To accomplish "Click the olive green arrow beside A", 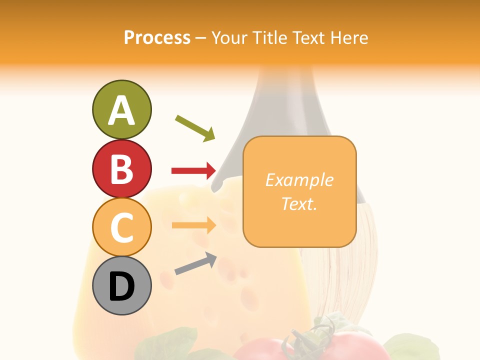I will [x=195, y=127].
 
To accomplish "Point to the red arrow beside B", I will [x=194, y=171].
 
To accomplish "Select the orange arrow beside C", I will [x=194, y=225].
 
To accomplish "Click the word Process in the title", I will [x=157, y=38].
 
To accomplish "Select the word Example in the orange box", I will [x=299, y=180].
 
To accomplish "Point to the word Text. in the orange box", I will [x=299, y=203].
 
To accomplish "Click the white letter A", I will [x=121, y=111].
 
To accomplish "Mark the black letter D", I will [x=121, y=287].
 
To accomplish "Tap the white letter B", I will [x=121, y=169].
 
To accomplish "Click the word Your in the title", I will [x=229, y=38].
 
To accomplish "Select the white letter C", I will [x=121, y=228].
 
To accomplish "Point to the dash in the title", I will [x=201, y=38].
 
